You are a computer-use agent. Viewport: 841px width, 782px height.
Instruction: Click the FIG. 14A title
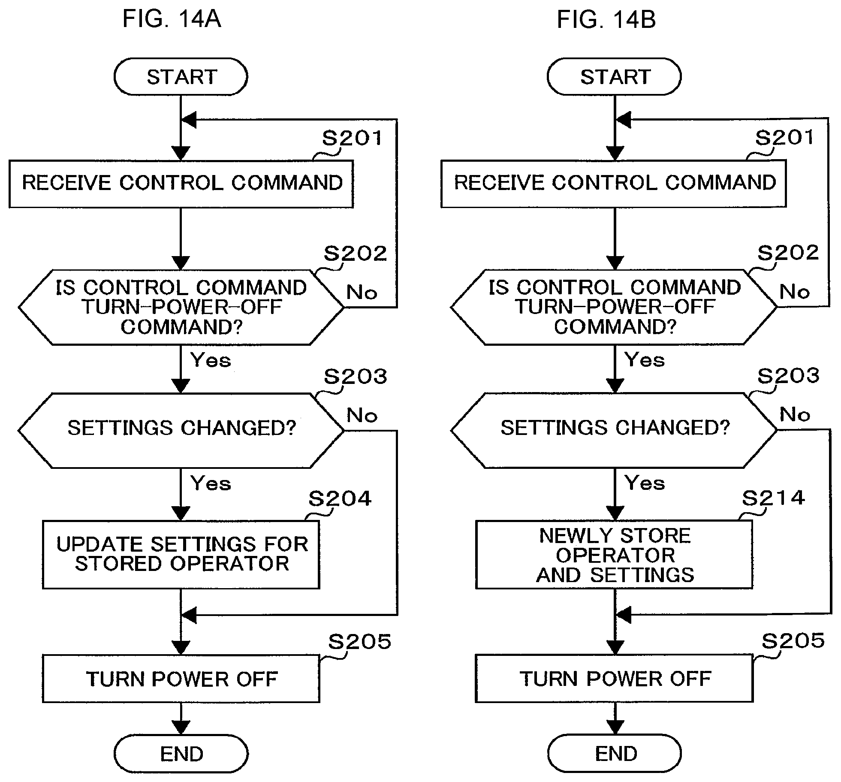[x=172, y=19]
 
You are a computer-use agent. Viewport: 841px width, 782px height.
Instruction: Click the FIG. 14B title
[x=606, y=19]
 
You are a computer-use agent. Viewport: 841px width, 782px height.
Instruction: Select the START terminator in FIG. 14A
[x=181, y=77]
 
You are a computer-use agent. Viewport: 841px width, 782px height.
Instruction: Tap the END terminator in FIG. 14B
[x=615, y=754]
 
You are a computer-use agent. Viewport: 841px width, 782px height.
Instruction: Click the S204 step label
[x=340, y=498]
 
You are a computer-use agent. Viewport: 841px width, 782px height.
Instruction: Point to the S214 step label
[x=774, y=498]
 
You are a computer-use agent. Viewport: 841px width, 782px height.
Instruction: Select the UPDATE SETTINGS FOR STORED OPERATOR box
[x=181, y=554]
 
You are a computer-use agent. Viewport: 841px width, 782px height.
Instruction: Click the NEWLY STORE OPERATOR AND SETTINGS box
[x=614, y=554]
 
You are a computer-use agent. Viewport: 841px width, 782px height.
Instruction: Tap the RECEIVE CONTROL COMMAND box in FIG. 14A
[x=181, y=184]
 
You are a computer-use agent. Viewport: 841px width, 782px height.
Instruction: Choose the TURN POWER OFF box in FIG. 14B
[x=614, y=678]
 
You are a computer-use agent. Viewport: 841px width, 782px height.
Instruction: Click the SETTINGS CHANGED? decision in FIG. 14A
[x=181, y=430]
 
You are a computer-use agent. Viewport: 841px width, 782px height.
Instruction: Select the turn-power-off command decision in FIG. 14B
[x=614, y=307]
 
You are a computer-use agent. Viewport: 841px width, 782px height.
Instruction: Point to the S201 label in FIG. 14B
[x=784, y=138]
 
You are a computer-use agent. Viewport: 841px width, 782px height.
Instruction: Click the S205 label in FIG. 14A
[x=360, y=642]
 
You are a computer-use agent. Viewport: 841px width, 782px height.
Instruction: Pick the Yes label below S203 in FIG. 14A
[x=211, y=483]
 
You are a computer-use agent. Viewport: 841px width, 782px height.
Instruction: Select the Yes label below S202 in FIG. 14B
[x=645, y=359]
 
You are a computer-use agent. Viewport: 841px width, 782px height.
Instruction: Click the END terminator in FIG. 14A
[x=181, y=754]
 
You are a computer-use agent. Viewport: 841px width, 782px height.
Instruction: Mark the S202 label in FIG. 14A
[x=355, y=254]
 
